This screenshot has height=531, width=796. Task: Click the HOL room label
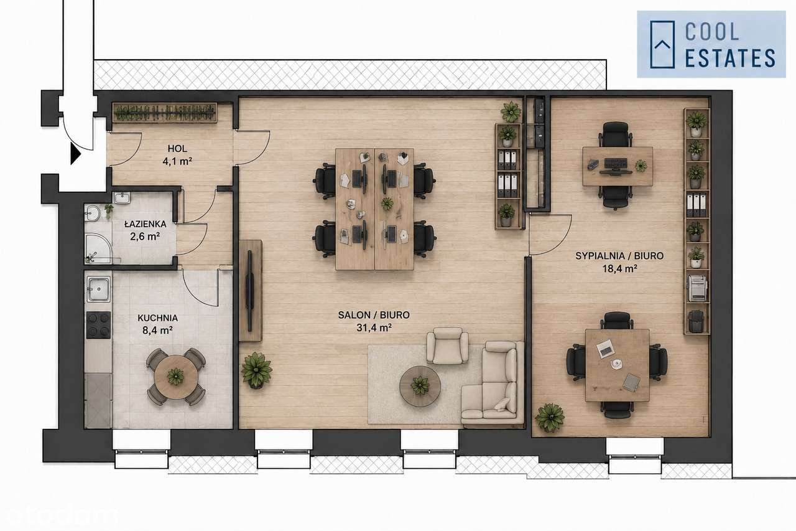pyautogui.click(x=177, y=148)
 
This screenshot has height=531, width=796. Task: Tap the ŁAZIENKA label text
pyautogui.click(x=145, y=224)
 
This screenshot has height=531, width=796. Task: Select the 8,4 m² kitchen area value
pyautogui.click(x=157, y=331)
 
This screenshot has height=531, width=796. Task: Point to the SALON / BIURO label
pyautogui.click(x=374, y=315)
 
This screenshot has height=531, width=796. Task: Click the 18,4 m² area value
pyautogui.click(x=619, y=268)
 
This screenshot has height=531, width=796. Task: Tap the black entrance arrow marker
pyautogui.click(x=76, y=154)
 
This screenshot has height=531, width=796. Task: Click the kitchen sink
pyautogui.click(x=99, y=289)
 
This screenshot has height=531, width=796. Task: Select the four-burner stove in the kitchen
pyautogui.click(x=99, y=325)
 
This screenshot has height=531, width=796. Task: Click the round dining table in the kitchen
pyautogui.click(x=176, y=377)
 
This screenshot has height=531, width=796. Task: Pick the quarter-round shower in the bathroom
pyautogui.click(x=98, y=248)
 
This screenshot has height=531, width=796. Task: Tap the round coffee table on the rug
pyautogui.click(x=420, y=386)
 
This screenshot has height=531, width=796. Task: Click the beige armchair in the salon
pyautogui.click(x=447, y=345)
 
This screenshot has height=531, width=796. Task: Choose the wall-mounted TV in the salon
pyautogui.click(x=250, y=291)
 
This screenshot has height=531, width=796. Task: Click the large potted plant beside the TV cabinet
pyautogui.click(x=257, y=370)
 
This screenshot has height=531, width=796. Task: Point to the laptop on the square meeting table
pyautogui.click(x=605, y=349)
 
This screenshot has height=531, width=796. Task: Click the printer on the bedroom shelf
pyautogui.click(x=697, y=288)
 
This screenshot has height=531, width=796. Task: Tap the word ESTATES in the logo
pyautogui.click(x=730, y=58)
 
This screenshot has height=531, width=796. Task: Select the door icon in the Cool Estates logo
pyautogui.click(x=662, y=44)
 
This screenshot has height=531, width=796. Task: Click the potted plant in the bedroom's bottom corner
pyautogui.click(x=550, y=418)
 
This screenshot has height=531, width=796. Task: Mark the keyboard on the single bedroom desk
pyautogui.click(x=616, y=163)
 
